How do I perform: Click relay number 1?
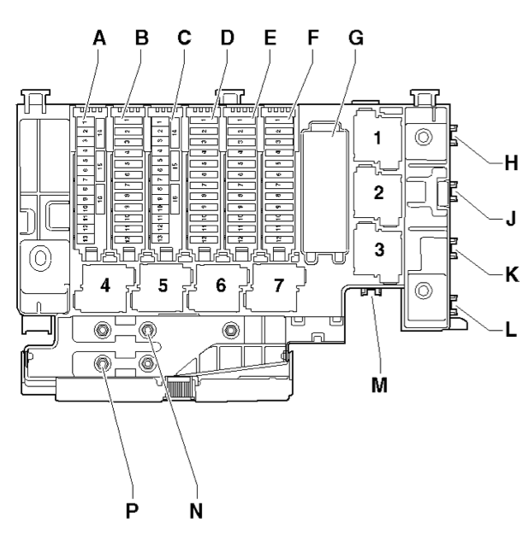tap(378, 137)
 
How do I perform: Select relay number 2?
tap(378, 193)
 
